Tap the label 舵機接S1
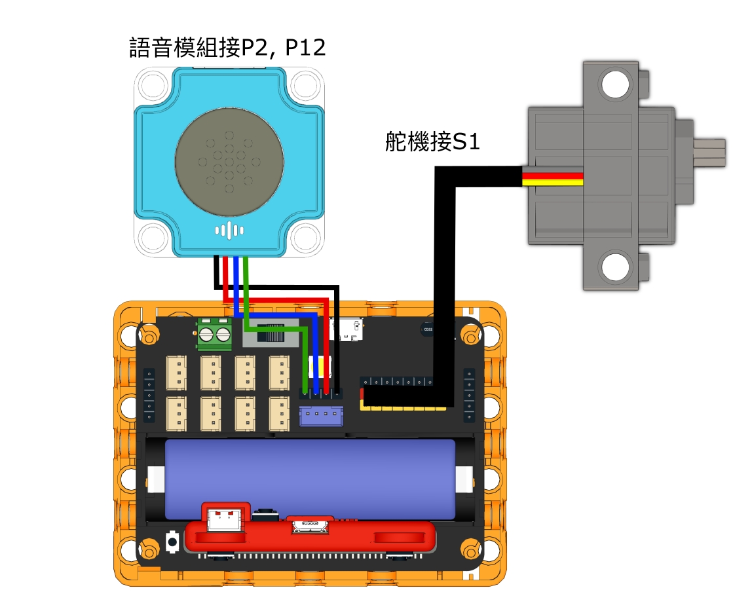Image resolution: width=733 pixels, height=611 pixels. pos(432,142)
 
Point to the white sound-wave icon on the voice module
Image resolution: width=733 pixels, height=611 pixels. pos(229,230)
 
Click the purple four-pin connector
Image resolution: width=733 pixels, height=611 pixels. pos(321,416)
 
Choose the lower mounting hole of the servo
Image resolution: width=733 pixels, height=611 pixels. pos(614,267)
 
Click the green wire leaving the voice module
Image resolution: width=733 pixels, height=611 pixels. pos(245,288)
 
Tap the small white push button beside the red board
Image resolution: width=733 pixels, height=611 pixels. pos(174,540)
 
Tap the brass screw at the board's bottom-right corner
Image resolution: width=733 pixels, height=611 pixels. pos(470,547)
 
